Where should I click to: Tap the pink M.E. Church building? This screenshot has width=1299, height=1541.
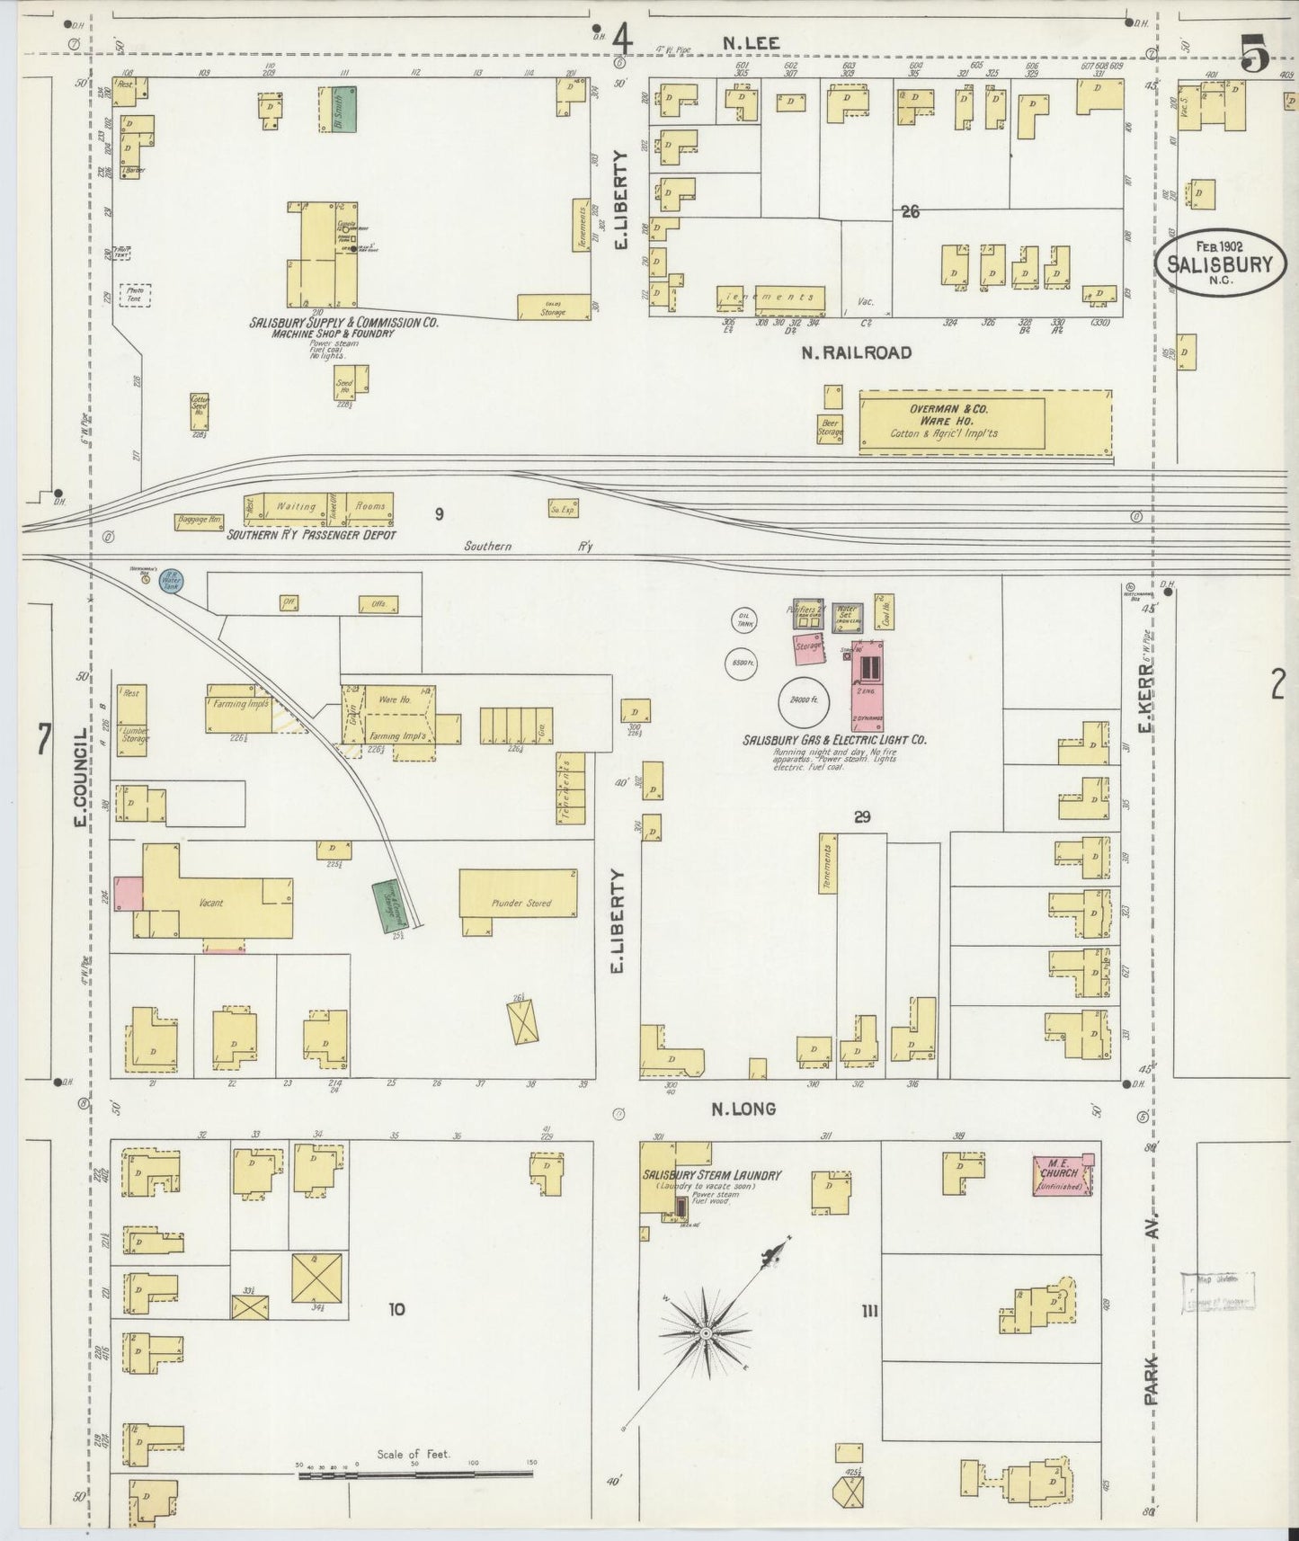[x=1063, y=1176]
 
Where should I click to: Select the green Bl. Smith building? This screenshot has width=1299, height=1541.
[x=342, y=110]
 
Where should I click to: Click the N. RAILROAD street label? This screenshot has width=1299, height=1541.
[x=856, y=352]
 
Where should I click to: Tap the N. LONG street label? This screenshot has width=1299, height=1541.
[x=743, y=1109]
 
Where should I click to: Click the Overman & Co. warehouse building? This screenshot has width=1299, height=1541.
[x=952, y=423]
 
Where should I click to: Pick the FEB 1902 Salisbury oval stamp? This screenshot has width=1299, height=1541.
[x=1220, y=261]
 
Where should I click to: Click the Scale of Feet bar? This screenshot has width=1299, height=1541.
[x=415, y=1474]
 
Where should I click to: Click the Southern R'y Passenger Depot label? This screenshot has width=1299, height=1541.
[x=311, y=535]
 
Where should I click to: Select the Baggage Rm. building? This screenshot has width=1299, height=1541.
[x=199, y=520]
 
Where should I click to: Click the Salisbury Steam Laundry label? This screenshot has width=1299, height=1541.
[x=711, y=1175]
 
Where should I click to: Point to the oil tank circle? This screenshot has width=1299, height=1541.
[x=744, y=619]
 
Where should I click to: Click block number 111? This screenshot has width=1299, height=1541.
[x=869, y=1312]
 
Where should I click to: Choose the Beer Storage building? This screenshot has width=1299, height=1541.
[x=830, y=427]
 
